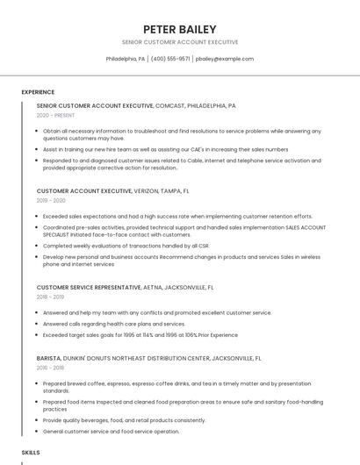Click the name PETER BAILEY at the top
[179, 29]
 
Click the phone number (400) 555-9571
[169, 59]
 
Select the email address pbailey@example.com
[225, 59]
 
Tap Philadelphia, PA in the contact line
[126, 59]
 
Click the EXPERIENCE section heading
[38, 92]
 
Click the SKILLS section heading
[31, 452]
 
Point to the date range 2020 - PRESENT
[56, 115]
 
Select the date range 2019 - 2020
[51, 200]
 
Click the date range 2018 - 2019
[51, 297]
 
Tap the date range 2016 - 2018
[51, 368]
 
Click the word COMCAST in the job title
[169, 105]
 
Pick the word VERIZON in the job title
[148, 190]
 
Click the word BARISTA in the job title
[48, 358]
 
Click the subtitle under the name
[179, 42]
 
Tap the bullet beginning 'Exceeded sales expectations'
[177, 216]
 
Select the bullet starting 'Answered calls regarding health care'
[114, 324]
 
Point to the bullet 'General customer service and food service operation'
[112, 431]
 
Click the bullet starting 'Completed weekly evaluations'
[126, 246]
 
